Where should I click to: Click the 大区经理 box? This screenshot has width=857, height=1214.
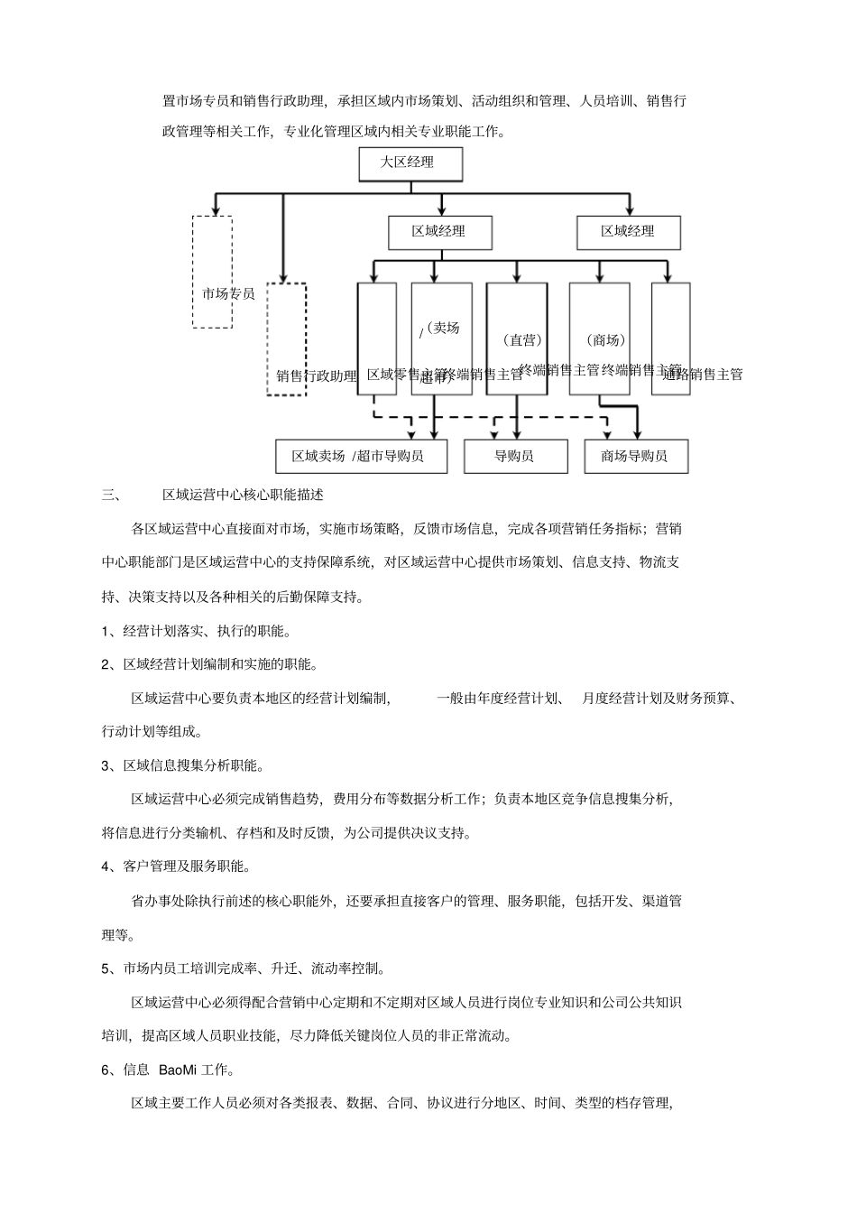tap(410, 163)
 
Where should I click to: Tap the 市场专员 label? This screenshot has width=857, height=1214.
tap(227, 294)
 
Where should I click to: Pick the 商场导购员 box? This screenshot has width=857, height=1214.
tap(636, 456)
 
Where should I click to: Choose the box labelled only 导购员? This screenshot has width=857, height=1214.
tap(515, 456)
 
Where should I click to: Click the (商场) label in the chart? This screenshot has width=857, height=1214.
tap(605, 340)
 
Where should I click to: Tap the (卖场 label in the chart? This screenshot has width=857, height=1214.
tap(442, 328)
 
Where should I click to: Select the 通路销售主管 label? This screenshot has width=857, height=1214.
tap(703, 374)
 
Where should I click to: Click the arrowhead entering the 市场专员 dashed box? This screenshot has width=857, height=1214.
tap(215, 209)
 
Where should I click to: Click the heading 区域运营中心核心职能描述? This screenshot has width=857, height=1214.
tap(243, 495)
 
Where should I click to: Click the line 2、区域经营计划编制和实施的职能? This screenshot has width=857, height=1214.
tap(209, 664)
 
